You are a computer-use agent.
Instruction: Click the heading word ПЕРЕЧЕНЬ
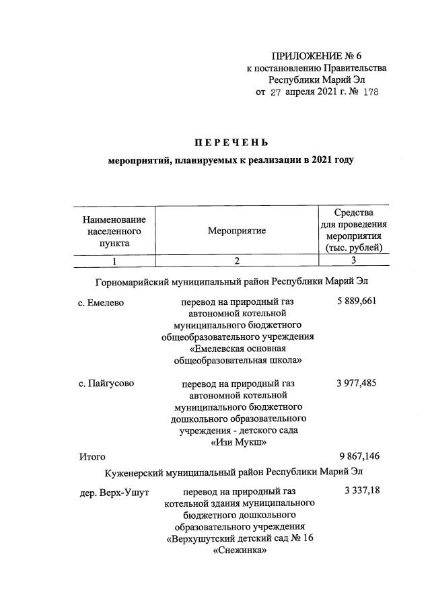(x=231, y=142)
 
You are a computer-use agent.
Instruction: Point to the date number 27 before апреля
(x=275, y=94)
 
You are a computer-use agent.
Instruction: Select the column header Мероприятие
(x=236, y=231)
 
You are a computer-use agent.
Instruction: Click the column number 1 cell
(x=114, y=260)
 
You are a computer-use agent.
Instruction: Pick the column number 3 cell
(x=353, y=260)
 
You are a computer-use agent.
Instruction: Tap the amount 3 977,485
(x=357, y=383)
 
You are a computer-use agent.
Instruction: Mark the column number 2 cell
(x=236, y=260)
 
